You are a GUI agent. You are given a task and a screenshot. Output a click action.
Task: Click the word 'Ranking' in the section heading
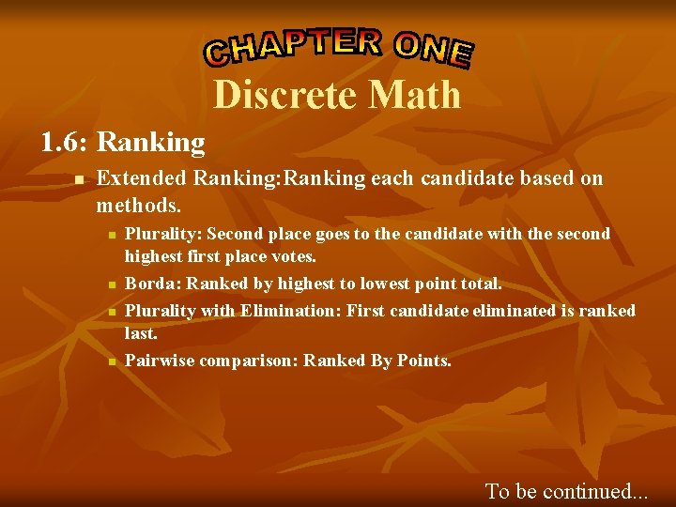[150, 143]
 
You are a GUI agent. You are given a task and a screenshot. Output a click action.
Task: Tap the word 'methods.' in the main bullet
[139, 204]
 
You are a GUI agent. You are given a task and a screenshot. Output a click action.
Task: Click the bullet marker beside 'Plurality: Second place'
[111, 234]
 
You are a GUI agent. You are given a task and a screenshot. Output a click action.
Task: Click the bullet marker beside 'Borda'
[111, 284]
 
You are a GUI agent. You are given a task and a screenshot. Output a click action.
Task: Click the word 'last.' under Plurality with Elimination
[142, 333]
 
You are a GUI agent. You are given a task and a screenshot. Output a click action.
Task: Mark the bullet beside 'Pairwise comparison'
[111, 361]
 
